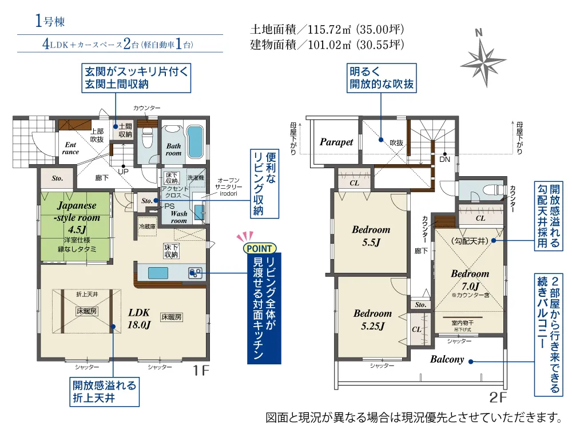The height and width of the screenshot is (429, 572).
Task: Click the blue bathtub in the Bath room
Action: point(195,142)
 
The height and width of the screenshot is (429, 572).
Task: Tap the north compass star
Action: point(483,61)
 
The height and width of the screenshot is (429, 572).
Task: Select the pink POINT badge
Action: point(259,248)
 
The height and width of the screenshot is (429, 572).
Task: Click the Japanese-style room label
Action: point(78,211)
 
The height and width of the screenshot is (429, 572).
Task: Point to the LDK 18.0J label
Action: point(139,319)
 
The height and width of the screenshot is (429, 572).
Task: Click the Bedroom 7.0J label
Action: point(470,280)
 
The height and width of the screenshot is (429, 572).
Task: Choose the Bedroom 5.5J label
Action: point(371,236)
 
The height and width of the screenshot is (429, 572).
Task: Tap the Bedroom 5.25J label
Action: point(372,320)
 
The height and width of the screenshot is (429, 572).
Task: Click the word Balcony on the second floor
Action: point(447,359)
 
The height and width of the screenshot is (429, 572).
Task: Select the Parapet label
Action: point(336,142)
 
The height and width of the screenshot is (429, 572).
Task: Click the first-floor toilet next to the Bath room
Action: point(148,138)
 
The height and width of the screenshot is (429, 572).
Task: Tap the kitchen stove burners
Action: point(195,273)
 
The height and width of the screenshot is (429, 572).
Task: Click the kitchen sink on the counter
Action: point(158,273)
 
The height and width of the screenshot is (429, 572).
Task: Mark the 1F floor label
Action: point(201,371)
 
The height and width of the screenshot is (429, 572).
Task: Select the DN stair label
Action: point(444,160)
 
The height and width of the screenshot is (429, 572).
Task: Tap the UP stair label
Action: point(123,172)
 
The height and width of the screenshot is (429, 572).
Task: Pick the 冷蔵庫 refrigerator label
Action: point(148,227)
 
